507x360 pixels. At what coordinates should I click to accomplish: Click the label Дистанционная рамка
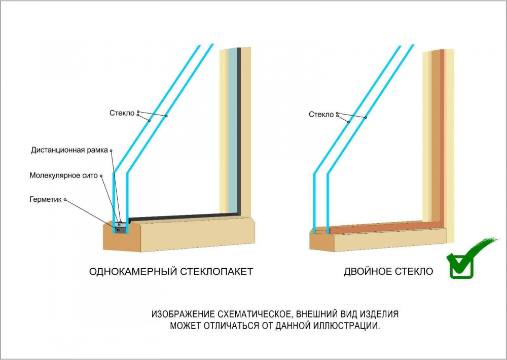point(69,151)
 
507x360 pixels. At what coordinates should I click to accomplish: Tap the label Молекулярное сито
point(63,175)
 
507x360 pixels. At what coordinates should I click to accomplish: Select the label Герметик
point(45,199)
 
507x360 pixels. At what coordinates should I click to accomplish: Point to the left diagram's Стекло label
point(122,113)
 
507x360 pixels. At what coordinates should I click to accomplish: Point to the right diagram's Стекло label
point(321,114)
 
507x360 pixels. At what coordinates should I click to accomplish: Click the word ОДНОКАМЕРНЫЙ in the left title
point(133,271)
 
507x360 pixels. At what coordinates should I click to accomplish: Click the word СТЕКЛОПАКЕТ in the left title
point(216,271)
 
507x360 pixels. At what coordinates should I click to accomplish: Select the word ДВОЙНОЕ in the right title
point(367,271)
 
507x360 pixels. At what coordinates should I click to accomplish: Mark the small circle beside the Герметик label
point(65,200)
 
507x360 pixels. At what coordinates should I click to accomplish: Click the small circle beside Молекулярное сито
point(101,176)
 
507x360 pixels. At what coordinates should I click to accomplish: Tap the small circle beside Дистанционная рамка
point(111,151)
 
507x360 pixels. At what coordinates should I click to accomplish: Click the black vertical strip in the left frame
point(239,131)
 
